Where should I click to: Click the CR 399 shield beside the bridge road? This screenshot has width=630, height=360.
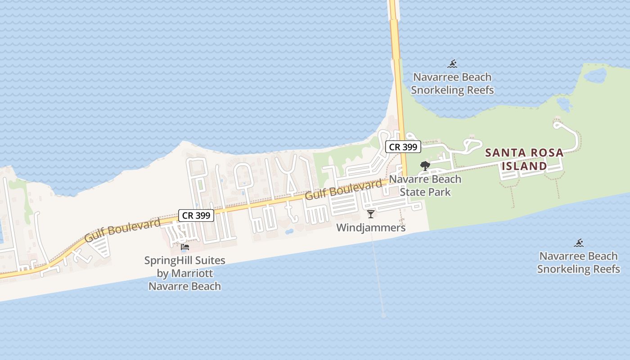403,147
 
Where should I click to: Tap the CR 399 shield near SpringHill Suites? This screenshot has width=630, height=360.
197,216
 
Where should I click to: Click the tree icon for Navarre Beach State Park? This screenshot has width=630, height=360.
425,166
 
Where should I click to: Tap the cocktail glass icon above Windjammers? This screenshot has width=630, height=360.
371,214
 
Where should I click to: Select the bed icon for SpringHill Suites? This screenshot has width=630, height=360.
184,247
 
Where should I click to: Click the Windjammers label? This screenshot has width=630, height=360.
371,228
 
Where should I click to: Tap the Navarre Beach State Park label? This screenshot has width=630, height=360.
425,185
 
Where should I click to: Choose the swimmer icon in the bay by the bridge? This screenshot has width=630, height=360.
452,63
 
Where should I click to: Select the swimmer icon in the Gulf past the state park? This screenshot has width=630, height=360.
579,243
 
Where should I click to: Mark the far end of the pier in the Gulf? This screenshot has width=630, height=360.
383,315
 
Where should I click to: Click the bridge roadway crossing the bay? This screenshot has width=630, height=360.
395,36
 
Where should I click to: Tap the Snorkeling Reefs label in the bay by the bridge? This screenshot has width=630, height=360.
452,90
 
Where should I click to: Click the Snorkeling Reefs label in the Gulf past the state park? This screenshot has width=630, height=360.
578,269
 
